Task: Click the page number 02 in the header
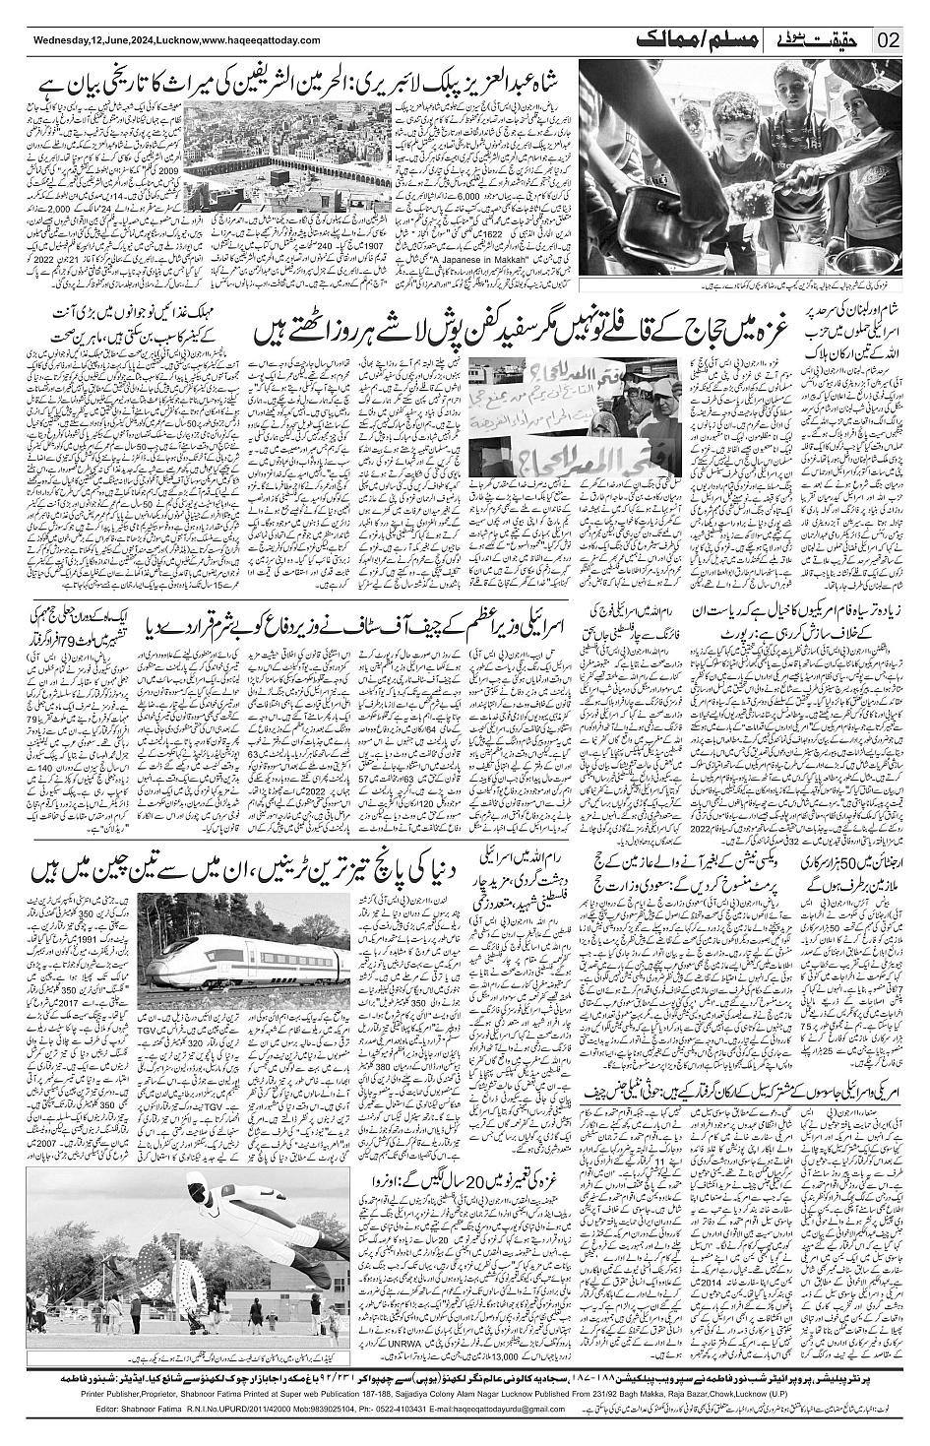[x=889, y=40]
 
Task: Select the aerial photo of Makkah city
[x=296, y=162]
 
